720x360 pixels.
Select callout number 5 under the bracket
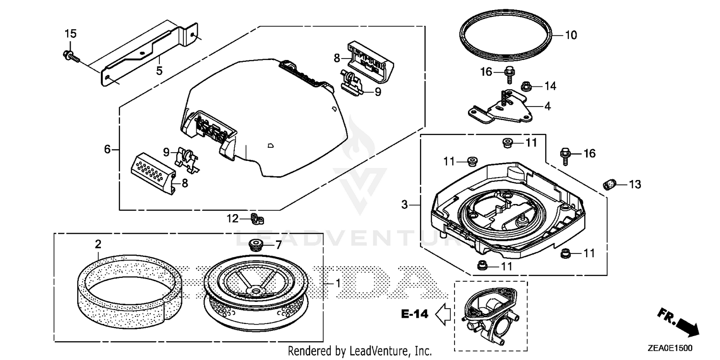pyautogui.click(x=159, y=71)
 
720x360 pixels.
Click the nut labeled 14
pyautogui.click(x=524, y=86)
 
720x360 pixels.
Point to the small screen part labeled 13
pyautogui.click(x=609, y=184)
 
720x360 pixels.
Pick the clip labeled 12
pyautogui.click(x=258, y=219)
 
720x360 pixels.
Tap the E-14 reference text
pyautogui.click(x=414, y=314)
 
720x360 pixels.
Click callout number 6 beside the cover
pyautogui.click(x=108, y=149)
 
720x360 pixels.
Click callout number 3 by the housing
pyautogui.click(x=405, y=205)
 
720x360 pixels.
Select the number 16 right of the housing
pyautogui.click(x=589, y=153)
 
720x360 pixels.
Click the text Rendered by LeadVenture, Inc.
pyautogui.click(x=360, y=351)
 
